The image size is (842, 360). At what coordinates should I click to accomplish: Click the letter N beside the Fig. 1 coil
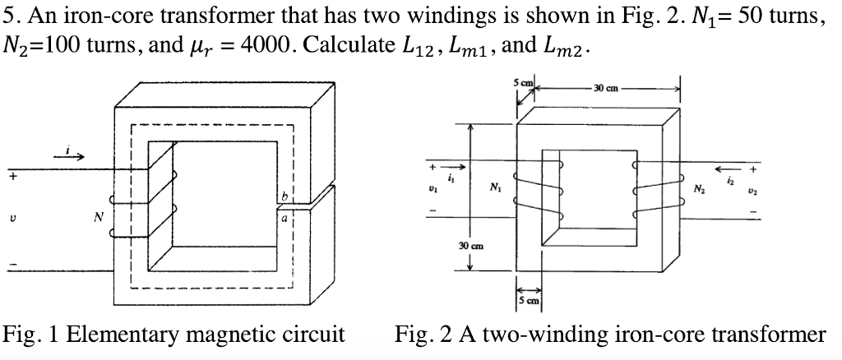[99, 219]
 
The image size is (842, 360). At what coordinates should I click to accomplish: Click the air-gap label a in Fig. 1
[285, 220]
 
